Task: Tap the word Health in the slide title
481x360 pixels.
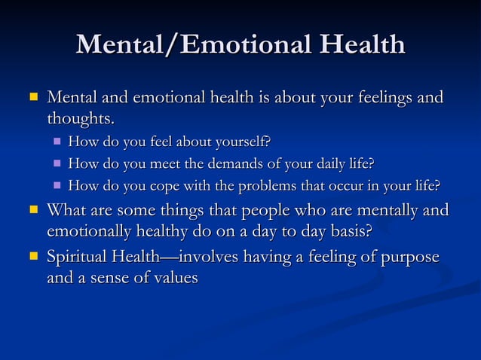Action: (361, 45)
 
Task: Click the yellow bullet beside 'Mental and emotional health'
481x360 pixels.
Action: (32, 98)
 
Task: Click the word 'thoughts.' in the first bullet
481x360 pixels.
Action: (81, 119)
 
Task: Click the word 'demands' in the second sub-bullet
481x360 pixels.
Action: (226, 163)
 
